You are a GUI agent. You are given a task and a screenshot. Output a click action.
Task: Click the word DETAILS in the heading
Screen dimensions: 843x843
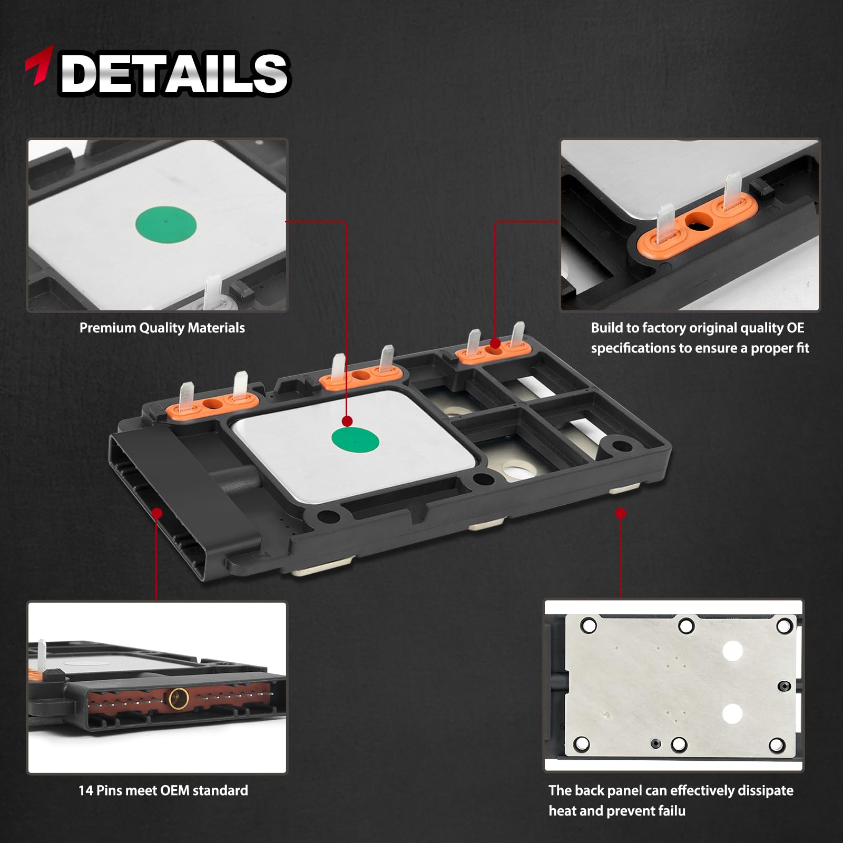(174, 73)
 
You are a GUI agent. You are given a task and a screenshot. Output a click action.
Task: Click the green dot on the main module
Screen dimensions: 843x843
(355, 440)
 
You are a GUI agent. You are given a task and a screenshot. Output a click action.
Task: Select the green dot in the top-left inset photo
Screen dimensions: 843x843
(166, 222)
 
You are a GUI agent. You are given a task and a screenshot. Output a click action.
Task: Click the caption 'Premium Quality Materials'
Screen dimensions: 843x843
(162, 328)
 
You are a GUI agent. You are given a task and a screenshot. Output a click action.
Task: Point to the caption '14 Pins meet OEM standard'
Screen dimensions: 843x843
(163, 790)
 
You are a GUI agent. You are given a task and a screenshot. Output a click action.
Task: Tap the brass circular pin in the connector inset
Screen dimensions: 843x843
(177, 699)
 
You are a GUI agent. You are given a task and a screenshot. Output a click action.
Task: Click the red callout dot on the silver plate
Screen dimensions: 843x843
(347, 421)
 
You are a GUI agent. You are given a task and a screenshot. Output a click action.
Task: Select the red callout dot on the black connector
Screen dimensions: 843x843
(157, 513)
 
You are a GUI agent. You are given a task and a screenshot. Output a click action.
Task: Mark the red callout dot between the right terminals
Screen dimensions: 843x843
(495, 344)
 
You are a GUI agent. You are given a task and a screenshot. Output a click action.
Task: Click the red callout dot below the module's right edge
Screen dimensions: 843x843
(621, 513)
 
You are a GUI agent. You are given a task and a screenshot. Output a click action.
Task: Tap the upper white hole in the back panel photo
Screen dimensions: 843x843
(732, 651)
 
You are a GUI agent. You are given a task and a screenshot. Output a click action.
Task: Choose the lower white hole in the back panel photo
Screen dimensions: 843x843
(732, 714)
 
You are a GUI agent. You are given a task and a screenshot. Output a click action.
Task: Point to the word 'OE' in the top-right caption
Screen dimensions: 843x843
(796, 328)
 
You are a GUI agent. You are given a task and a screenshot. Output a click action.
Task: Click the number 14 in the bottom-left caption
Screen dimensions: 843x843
(86, 790)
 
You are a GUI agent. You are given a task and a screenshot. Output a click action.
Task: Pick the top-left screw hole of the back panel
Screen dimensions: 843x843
(588, 626)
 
